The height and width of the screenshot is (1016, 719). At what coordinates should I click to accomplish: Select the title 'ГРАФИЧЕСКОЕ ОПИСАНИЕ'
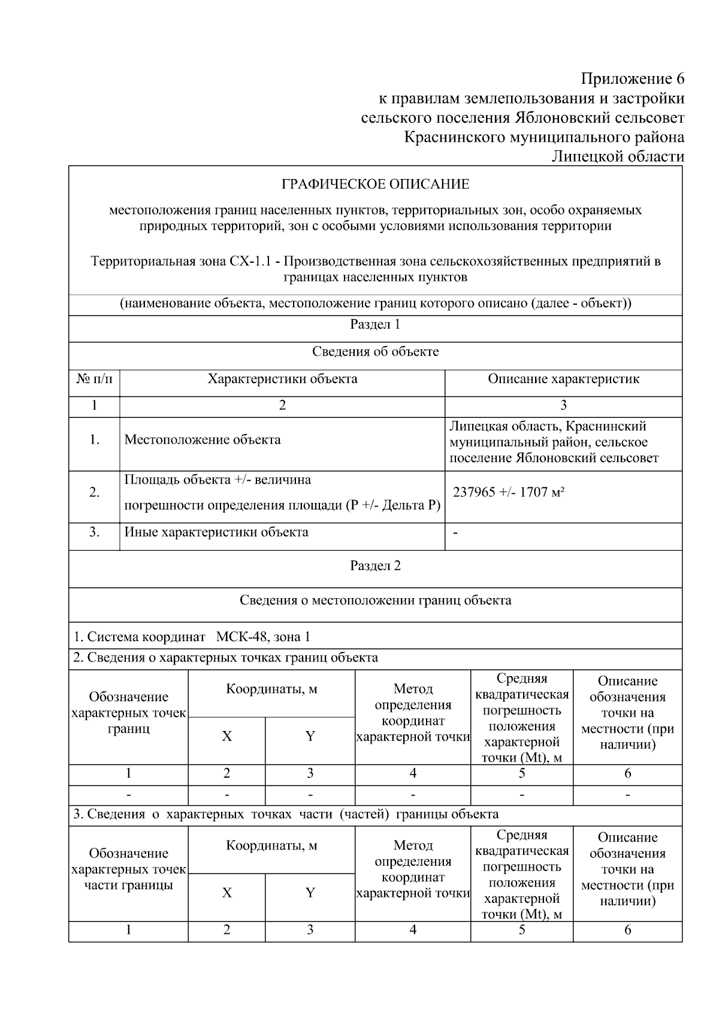376,184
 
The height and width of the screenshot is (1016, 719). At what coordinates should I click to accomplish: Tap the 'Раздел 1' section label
375,324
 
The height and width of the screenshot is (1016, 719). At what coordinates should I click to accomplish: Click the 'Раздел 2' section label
375,566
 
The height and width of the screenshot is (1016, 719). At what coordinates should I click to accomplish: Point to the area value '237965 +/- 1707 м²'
509,492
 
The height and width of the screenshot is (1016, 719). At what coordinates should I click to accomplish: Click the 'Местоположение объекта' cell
203,440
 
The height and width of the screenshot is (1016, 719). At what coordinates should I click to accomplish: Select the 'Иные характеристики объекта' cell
216,532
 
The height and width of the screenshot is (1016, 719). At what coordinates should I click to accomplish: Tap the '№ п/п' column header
94,379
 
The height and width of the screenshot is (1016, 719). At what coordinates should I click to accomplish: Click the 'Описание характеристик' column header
563,379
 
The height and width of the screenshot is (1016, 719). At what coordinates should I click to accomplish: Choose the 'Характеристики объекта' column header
282,379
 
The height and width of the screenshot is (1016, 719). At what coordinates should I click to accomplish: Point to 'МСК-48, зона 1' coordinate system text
263,636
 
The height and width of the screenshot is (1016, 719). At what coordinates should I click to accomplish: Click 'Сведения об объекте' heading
375,352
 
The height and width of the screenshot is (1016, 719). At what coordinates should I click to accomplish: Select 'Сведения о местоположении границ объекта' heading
375,600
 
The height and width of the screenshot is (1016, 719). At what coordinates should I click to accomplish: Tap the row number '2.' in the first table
94,493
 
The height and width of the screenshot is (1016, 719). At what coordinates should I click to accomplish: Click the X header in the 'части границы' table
226,893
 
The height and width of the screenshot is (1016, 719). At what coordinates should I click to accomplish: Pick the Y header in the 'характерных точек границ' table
310,736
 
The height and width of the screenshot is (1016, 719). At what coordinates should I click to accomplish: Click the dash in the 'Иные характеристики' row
456,533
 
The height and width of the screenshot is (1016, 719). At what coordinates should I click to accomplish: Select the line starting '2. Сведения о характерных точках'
225,658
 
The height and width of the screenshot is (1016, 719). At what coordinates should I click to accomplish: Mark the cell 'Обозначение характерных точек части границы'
128,869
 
